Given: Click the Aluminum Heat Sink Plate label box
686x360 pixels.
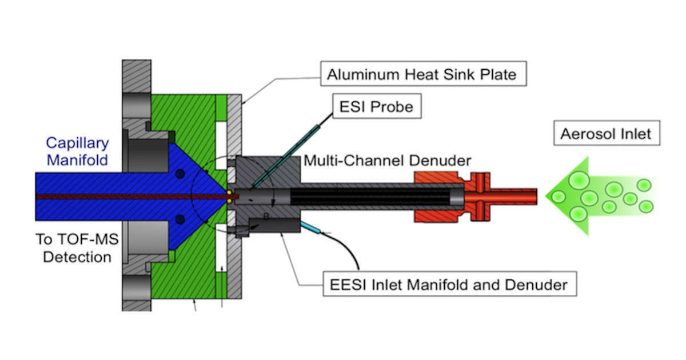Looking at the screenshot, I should tap(422, 74).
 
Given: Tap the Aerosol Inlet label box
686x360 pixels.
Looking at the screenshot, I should tap(606, 135).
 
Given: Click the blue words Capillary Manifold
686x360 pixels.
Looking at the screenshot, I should tap(77, 151).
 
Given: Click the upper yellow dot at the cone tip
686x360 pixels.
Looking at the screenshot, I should tap(229, 192).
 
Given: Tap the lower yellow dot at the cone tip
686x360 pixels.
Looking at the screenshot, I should tap(229, 201).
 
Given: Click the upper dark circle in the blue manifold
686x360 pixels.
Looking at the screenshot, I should tap(181, 174).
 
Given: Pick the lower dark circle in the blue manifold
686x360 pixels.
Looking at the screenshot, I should tap(181, 219).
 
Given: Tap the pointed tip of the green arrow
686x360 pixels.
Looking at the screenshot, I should tap(548, 196).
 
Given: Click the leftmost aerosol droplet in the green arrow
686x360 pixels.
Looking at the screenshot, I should tap(559, 197).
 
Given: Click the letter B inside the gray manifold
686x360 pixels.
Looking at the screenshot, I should tap(266, 217).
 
